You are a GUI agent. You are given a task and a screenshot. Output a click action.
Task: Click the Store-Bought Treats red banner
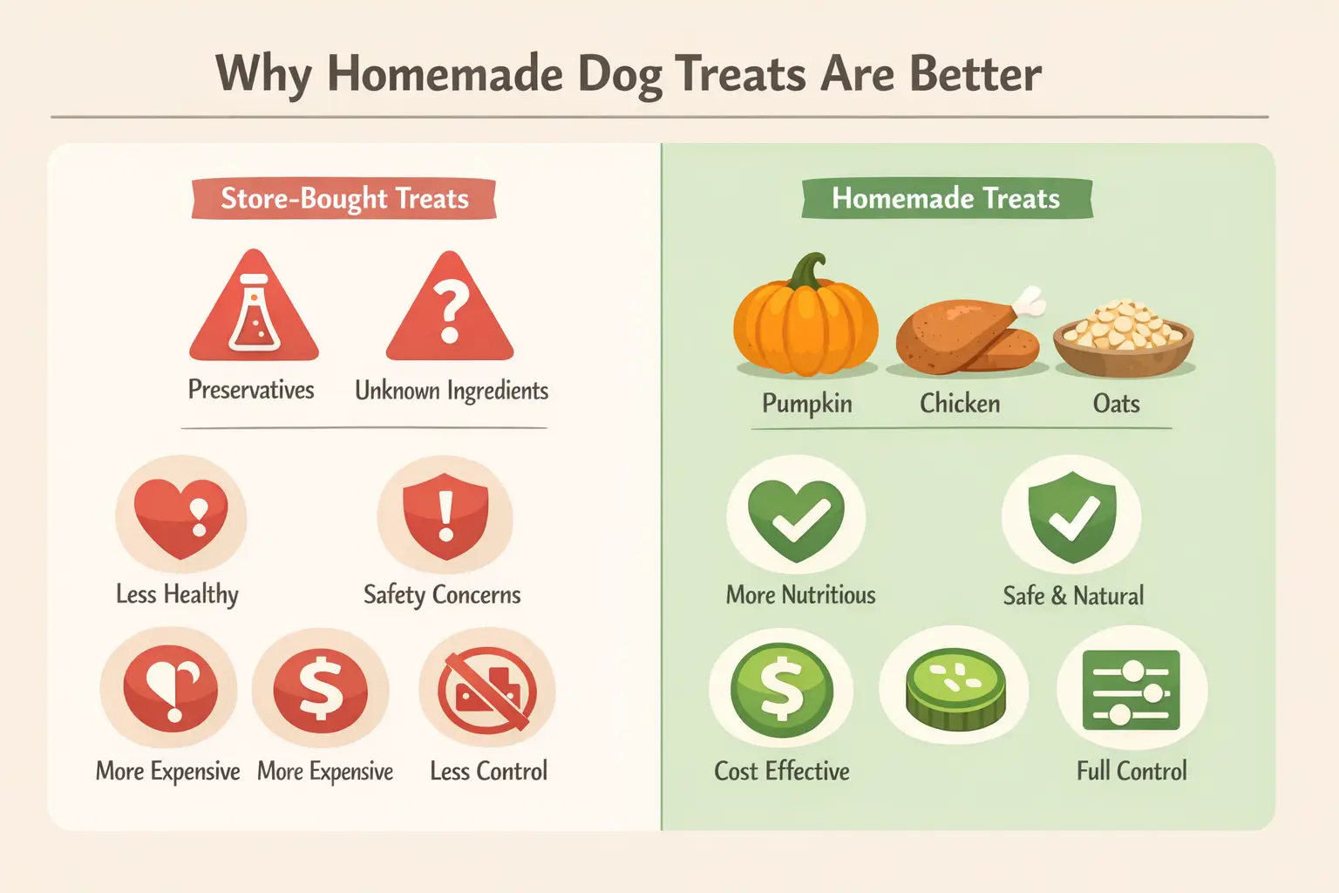(x=344, y=199)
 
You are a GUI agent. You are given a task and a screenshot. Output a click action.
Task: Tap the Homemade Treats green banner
(x=946, y=199)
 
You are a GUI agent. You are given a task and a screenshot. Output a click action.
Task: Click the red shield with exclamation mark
(x=445, y=517)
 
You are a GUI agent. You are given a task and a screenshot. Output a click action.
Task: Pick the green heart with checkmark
(x=797, y=520)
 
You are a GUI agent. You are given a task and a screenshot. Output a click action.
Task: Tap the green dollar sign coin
(x=782, y=691)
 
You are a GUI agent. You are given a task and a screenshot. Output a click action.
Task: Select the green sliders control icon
(x=1131, y=691)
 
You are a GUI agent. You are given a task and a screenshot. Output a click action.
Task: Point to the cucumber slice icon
(x=955, y=689)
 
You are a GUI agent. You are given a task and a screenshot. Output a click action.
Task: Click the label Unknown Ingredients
(x=452, y=391)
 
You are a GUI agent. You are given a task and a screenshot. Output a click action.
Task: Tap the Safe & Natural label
(x=1073, y=596)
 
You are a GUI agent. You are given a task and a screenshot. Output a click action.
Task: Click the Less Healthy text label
(x=177, y=595)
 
